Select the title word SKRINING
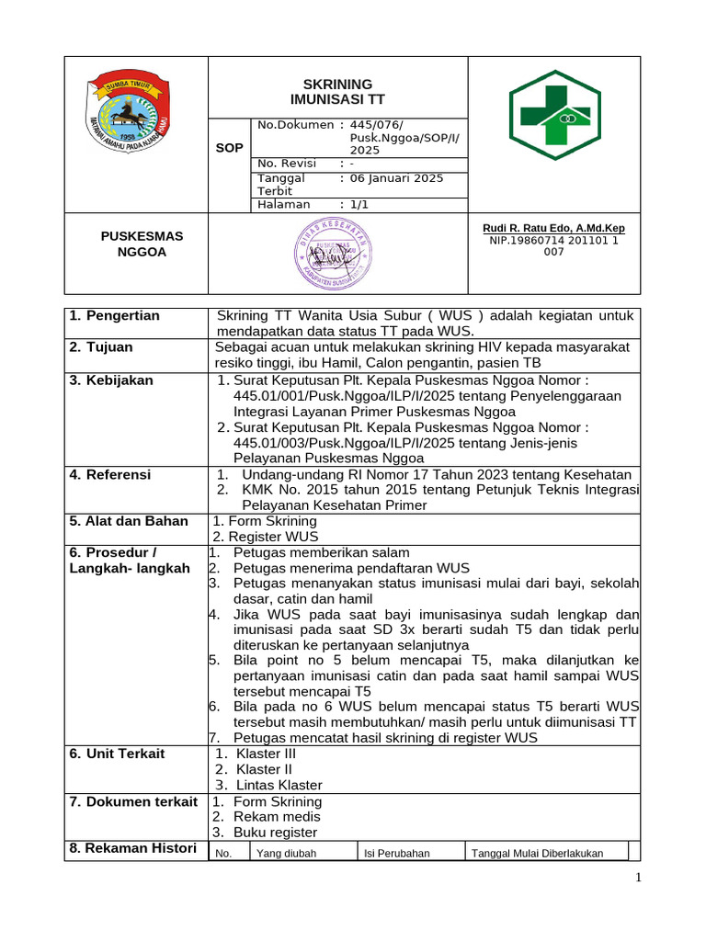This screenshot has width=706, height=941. tap(338, 84)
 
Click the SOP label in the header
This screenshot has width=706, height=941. tap(229, 147)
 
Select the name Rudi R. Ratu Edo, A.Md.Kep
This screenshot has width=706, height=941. tap(553, 228)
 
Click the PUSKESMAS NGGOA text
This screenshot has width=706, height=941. tap(142, 244)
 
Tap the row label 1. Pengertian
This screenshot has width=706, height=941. tap(115, 316)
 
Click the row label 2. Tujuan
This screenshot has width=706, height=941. tap(101, 347)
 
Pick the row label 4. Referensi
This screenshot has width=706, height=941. tap(110, 475)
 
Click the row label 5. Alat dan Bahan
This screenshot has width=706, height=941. tap(129, 521)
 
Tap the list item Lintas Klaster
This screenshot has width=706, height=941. tap(279, 785)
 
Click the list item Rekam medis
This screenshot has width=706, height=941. tap(277, 816)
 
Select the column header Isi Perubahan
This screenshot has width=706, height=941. tap(396, 853)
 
